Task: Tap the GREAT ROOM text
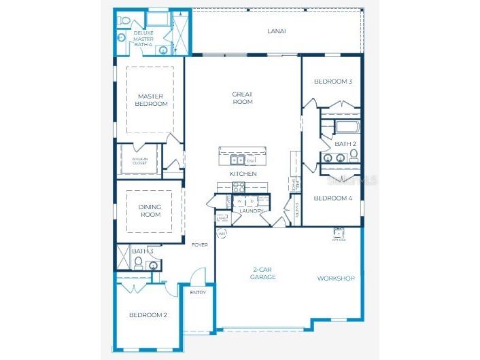(242, 98)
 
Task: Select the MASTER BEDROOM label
(151, 100)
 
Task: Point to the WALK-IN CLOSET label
(139, 161)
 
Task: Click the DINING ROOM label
(150, 211)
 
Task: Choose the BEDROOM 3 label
(332, 82)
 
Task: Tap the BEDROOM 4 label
(332, 198)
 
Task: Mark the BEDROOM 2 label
(148, 315)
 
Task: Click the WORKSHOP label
(336, 278)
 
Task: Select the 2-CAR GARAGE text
(262, 274)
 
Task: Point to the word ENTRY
(197, 293)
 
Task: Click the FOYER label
(199, 245)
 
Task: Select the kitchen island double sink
(236, 160)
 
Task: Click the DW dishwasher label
(251, 160)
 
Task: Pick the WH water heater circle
(222, 234)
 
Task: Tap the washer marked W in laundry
(239, 201)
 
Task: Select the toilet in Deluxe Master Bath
(123, 22)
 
